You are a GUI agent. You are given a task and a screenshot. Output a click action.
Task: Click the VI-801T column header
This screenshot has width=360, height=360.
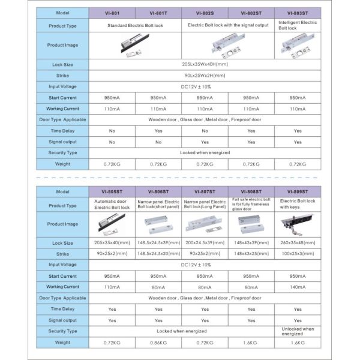158,12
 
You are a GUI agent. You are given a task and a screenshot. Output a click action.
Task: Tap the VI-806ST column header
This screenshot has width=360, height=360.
158,192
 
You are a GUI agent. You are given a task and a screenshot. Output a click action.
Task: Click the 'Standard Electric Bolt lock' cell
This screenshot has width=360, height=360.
135,26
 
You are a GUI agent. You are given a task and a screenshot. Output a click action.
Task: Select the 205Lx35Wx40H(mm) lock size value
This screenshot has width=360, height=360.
205,64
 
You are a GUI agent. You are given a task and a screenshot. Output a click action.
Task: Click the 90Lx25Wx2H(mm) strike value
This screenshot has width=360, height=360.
205,76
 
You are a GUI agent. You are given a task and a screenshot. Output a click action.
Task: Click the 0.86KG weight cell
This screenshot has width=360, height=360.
158,343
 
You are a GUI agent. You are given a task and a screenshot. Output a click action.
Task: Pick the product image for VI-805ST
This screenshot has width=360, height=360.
112,224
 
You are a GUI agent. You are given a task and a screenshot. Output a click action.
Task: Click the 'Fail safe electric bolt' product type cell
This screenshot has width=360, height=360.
251,205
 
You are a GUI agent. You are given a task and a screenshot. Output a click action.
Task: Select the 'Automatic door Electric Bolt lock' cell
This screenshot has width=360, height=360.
112,206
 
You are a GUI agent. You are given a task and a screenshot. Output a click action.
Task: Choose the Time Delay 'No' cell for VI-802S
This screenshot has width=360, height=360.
205,130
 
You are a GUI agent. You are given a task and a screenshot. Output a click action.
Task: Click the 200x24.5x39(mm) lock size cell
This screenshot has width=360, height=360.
205,243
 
